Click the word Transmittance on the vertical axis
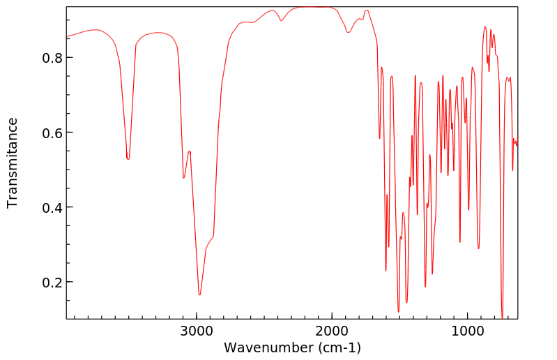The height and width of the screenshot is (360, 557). [x=13, y=163]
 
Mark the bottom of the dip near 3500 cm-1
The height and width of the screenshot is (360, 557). [x=128, y=160]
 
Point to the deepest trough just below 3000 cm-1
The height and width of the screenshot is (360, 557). [x=199, y=294]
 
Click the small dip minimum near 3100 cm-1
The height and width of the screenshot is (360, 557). [x=183, y=178]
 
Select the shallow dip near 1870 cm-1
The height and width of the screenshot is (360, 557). [x=349, y=32]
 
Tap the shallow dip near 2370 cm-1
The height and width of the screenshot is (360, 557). [x=282, y=20]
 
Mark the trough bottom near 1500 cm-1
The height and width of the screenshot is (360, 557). [x=399, y=311]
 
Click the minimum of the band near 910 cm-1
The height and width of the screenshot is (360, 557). [x=478, y=248]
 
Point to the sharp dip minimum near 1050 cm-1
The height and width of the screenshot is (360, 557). [x=460, y=241]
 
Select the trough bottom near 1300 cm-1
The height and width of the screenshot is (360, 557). [x=425, y=286]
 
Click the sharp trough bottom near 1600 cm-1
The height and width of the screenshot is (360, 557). [x=386, y=270]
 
